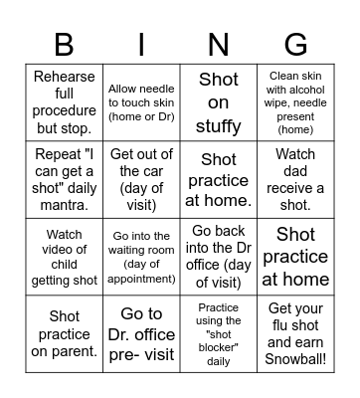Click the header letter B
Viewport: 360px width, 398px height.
coord(63,45)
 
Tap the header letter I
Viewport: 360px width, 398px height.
coord(141,45)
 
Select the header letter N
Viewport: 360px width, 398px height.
coord(219,45)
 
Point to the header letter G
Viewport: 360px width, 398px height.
coord(296,45)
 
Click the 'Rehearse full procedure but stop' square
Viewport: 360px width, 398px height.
coord(63,103)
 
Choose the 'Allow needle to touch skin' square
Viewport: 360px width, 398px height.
coord(141,103)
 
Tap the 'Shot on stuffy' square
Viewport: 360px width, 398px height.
coord(219,103)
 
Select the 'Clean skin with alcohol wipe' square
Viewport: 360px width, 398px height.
coord(296,103)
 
